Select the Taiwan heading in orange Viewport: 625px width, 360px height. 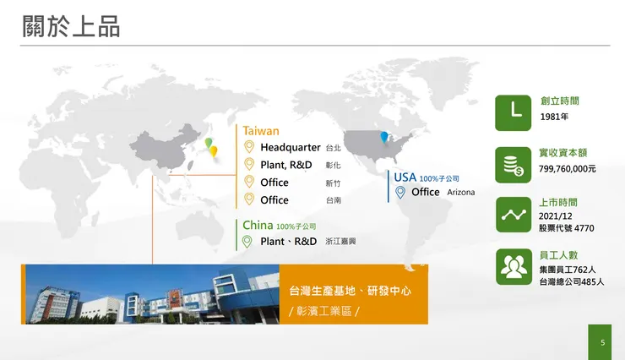tap(261, 131)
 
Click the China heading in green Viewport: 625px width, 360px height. tap(258, 226)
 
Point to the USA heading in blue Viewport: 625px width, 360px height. tap(405, 177)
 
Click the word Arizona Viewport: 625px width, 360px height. tap(460, 193)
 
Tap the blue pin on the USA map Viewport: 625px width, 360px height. tap(384, 136)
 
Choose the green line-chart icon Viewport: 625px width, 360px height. tap(513, 215)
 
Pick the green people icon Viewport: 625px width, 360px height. tap(513, 267)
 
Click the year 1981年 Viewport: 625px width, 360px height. tap(554, 117)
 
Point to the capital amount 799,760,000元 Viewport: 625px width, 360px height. tap(568, 169)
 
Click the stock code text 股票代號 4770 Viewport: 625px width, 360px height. tap(567, 228)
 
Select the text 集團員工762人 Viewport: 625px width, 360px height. tap(568, 270)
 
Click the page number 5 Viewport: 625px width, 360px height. tap(602, 343)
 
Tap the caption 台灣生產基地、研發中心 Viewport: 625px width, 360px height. tap(350, 291)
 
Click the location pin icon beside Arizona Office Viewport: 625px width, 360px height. tap(400, 192)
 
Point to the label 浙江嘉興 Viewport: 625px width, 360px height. tap(340, 242)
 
